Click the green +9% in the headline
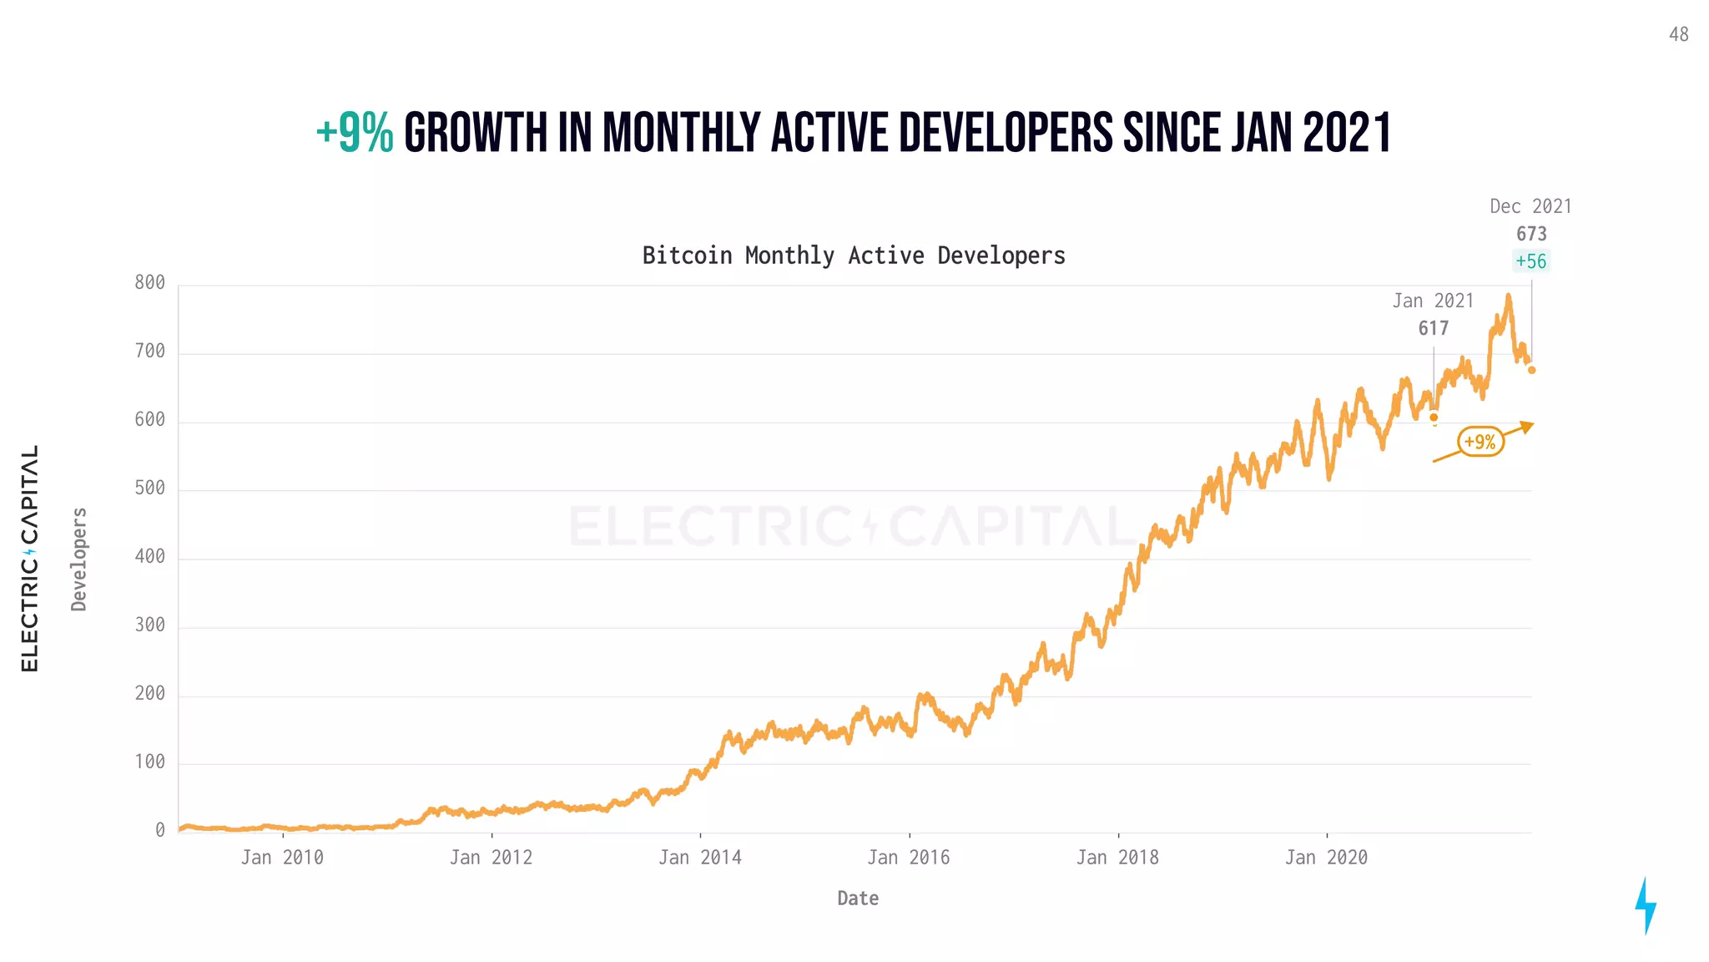[355, 134]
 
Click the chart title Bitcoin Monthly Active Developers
[854, 256]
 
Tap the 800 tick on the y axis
[150, 283]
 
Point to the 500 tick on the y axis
[150, 489]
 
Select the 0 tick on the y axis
[160, 831]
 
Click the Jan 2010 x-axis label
[282, 858]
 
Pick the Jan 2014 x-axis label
[699, 858]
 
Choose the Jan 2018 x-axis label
[1117, 858]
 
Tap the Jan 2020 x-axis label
[1326, 858]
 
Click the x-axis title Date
[858, 899]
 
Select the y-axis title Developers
[79, 559]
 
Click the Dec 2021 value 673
[1531, 235]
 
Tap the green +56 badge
[1531, 261]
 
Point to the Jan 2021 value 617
[1434, 329]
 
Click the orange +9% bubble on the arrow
[1480, 442]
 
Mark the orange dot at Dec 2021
[1531, 370]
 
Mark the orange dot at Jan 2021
[1434, 418]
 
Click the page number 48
[1678, 35]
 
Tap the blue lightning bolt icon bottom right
[1645, 906]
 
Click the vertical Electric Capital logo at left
[30, 559]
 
